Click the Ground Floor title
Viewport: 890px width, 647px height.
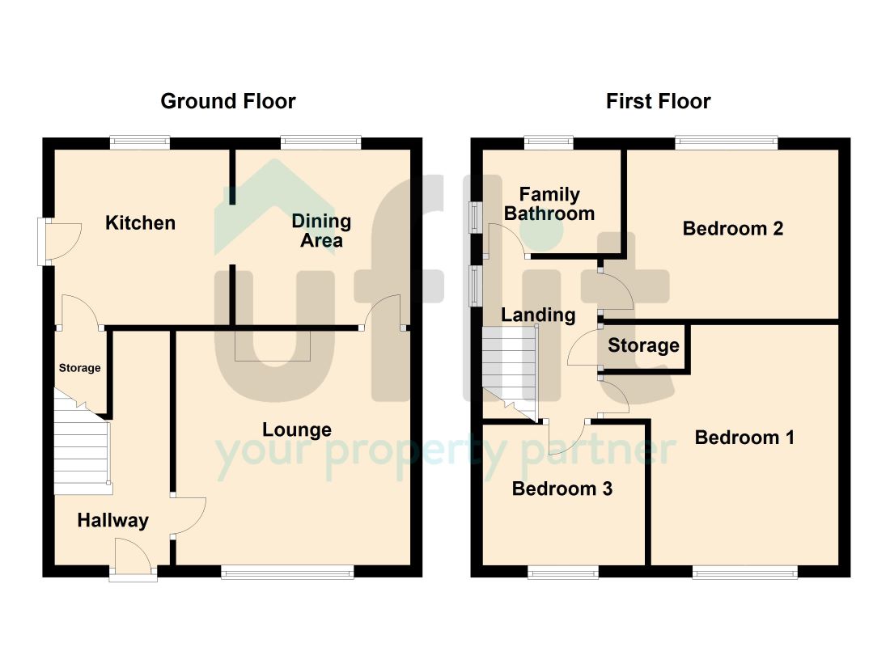[228, 102]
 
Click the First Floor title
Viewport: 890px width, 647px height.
[659, 102]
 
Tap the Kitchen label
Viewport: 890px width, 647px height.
[140, 223]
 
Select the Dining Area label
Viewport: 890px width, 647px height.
[321, 231]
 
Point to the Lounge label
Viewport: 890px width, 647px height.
[297, 430]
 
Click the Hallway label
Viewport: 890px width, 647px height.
[113, 521]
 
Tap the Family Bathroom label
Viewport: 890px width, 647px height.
[549, 204]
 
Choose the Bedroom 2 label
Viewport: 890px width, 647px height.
[733, 229]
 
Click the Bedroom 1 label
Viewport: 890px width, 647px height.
[744, 438]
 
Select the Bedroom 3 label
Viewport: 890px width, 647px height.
[562, 488]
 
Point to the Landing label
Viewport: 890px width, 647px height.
[538, 315]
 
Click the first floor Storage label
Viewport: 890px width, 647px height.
[644, 345]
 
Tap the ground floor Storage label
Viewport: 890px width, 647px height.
[80, 368]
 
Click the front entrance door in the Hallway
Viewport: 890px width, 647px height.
[133, 560]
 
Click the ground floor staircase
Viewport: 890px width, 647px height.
[83, 442]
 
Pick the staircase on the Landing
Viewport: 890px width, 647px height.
[510, 374]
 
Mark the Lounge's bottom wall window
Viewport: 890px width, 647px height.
[287, 572]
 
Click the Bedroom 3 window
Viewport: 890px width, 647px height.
[563, 572]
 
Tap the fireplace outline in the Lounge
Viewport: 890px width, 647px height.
[273, 345]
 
